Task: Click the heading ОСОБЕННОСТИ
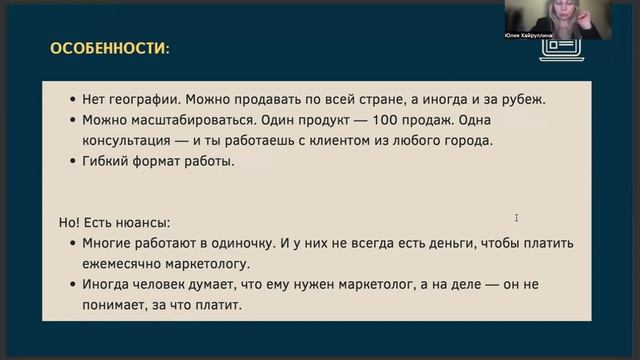pyautogui.click(x=109, y=47)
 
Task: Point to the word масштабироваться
pyautogui.click(x=187, y=120)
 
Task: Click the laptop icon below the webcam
pyautogui.click(x=541, y=55)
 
